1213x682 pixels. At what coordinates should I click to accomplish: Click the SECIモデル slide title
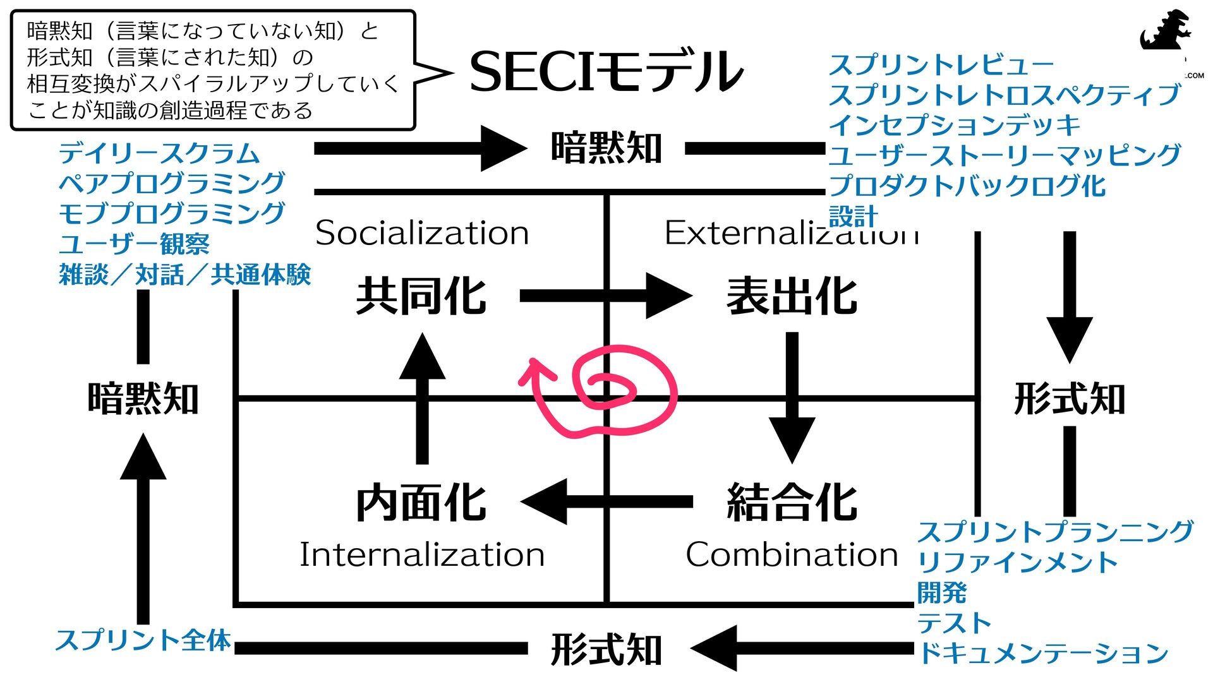tap(606, 71)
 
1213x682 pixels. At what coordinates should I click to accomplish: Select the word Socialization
tap(422, 232)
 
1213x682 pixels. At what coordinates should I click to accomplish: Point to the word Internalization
tap(422, 554)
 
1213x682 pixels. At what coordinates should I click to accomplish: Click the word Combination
tap(792, 554)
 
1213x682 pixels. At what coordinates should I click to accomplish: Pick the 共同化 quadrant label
tap(421, 296)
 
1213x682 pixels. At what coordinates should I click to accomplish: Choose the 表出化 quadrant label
tap(792, 296)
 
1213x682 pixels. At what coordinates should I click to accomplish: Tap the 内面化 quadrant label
tap(421, 503)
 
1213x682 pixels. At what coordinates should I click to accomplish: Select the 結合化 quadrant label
tap(792, 503)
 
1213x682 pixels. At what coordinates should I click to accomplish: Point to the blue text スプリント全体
tap(143, 640)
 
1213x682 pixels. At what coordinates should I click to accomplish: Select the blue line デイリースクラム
tap(159, 153)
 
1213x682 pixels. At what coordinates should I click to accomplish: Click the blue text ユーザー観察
tap(134, 244)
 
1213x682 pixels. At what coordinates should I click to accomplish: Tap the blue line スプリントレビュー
tap(941, 64)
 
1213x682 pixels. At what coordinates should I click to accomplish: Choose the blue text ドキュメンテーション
tap(1042, 653)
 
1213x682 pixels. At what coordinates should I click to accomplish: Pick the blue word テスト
tap(954, 623)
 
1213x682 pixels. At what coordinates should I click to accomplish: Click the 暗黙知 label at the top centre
tap(606, 148)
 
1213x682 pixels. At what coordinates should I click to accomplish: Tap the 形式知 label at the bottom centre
tap(606, 649)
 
